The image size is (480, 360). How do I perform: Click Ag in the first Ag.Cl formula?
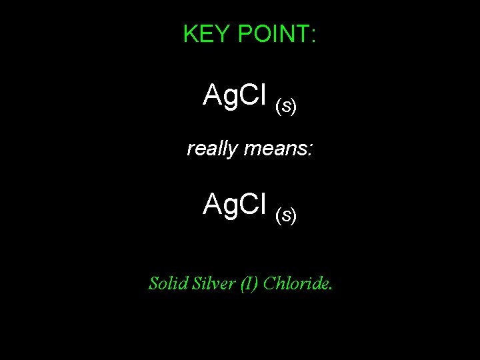[x=217, y=96]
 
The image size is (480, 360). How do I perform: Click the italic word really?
[x=212, y=149]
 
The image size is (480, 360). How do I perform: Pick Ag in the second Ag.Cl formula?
[x=217, y=205]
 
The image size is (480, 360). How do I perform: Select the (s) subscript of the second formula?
[x=285, y=215]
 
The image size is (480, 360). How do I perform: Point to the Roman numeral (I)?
[x=243, y=283]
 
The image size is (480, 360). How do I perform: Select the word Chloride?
[x=295, y=283]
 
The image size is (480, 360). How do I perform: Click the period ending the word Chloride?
[x=331, y=289]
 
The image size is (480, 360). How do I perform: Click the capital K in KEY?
[x=190, y=34]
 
